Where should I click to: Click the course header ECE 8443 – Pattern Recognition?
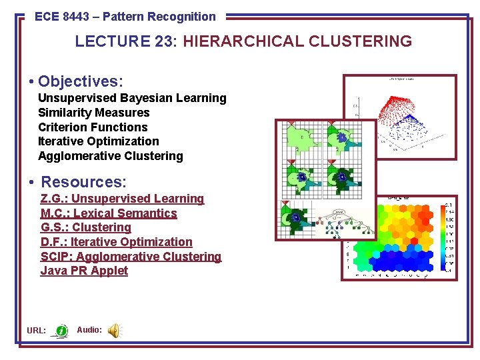125,17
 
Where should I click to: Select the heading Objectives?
81,81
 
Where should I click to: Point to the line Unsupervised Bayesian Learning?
132,98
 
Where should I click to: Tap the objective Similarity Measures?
94,113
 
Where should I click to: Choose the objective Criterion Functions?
93,127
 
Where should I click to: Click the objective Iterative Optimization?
99,141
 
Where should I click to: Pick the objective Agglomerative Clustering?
111,156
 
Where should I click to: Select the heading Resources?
84,182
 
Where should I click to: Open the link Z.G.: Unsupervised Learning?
122,199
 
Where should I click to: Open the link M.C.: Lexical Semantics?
109,213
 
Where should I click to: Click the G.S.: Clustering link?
86,227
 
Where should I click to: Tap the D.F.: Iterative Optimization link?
117,242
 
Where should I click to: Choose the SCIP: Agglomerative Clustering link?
131,257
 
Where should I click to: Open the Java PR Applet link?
84,271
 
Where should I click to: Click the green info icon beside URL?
61,330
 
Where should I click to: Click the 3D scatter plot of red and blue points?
400,117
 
